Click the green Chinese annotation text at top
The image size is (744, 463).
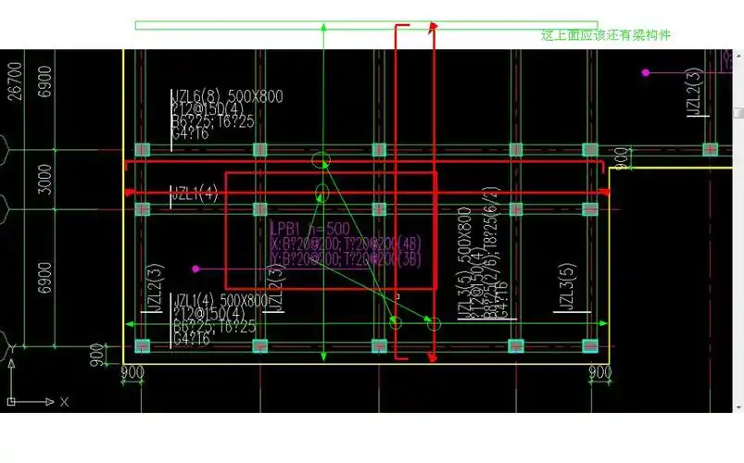tap(605, 35)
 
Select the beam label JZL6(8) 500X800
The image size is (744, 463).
tap(227, 96)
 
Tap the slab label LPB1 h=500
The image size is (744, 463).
tap(309, 229)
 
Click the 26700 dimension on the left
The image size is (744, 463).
tap(14, 81)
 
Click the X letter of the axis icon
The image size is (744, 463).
tap(64, 402)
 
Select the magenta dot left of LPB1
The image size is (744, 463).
tap(195, 269)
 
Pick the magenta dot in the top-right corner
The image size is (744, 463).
tap(646, 71)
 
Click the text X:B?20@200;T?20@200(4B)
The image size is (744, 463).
tap(345, 244)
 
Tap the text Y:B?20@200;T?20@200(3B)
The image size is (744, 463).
tap(345, 259)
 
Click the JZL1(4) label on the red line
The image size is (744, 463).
tap(194, 194)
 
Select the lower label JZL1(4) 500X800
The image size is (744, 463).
tap(221, 300)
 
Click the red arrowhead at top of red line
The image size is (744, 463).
tap(432, 29)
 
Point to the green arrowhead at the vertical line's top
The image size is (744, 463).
tap(322, 29)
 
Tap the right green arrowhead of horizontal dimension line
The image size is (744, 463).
tap(604, 324)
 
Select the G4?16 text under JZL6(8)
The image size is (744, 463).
tap(190, 134)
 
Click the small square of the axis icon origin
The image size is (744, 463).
tap(13, 402)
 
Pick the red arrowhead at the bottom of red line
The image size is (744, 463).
tap(432, 357)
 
